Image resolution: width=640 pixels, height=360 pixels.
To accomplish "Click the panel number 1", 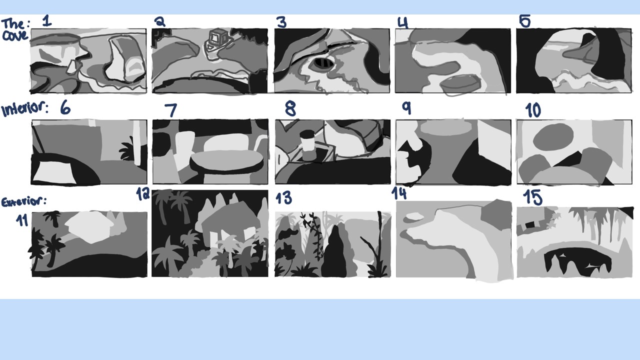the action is [x=47, y=20].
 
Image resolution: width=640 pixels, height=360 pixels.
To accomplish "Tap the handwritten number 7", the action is [x=171, y=110].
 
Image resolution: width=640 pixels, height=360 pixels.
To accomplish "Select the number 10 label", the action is [x=533, y=110].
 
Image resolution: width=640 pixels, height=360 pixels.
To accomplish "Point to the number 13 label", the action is [x=283, y=198].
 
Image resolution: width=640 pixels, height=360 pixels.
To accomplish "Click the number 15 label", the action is [x=533, y=197].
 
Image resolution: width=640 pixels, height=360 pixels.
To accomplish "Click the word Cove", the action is [x=15, y=35].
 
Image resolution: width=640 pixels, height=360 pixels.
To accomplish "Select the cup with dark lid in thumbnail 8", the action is [x=308, y=145].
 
